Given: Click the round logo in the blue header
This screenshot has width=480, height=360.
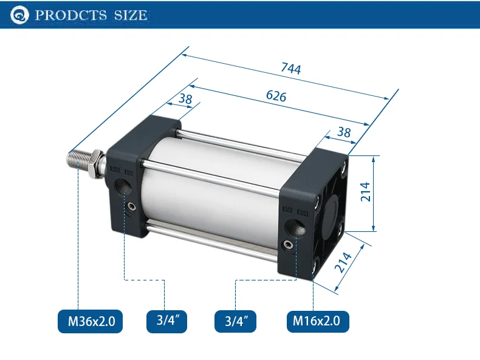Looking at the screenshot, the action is click(19, 15).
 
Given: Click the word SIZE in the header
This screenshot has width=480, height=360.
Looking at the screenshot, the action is click(131, 15).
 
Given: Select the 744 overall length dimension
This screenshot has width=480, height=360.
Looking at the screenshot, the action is click(291, 68).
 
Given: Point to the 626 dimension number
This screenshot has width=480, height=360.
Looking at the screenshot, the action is click(276, 96).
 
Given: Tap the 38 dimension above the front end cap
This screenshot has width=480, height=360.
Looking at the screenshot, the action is click(185, 99).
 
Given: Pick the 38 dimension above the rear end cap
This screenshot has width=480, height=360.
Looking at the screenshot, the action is click(344, 132).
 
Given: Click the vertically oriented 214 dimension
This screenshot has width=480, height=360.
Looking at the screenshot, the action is click(366, 192).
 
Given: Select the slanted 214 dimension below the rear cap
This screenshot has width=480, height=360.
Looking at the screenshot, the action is click(343, 262).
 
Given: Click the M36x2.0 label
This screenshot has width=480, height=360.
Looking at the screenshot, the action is click(91, 321).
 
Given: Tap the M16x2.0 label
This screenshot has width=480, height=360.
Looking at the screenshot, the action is click(318, 321).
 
